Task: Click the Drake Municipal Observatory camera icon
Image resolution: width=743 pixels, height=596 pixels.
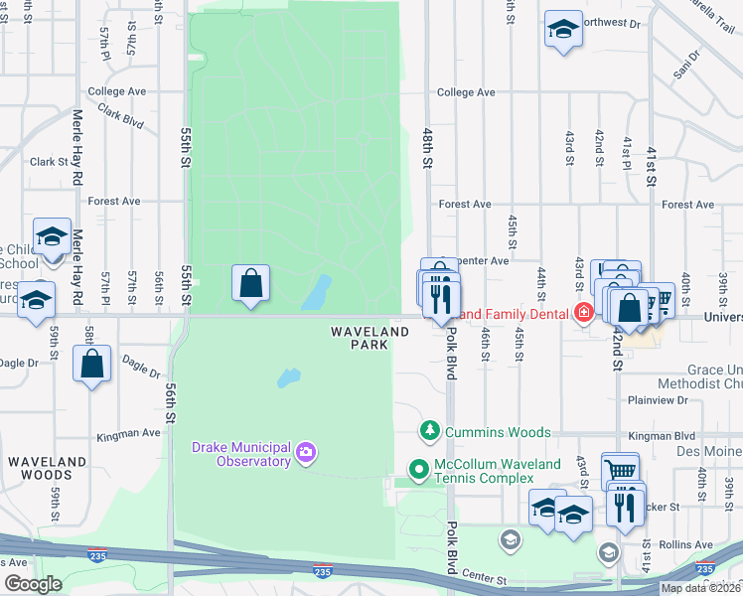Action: [305, 454]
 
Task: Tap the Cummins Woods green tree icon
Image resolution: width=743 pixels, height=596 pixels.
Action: [430, 431]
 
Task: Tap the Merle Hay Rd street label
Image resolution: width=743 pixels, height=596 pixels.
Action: [77, 149]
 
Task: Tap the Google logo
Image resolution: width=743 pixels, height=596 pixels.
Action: [32, 584]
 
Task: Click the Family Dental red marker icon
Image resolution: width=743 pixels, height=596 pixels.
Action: [584, 314]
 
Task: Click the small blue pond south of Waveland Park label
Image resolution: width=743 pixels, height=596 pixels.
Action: [288, 378]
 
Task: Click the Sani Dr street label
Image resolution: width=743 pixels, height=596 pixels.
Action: [681, 70]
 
